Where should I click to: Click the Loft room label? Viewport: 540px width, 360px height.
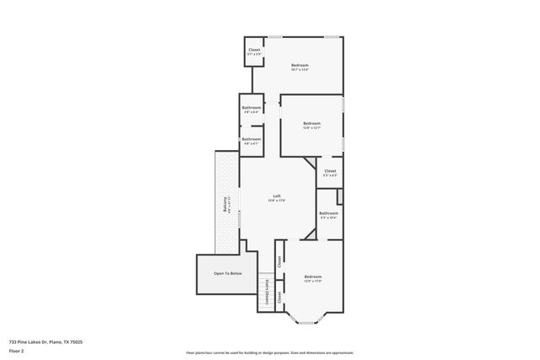click(276, 196)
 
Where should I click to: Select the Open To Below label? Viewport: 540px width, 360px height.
click(228, 273)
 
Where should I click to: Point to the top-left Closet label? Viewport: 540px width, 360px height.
click(254, 51)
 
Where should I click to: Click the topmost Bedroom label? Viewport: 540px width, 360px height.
click(300, 65)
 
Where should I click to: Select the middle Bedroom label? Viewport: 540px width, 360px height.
click(311, 124)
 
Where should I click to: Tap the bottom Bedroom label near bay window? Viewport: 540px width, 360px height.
click(312, 277)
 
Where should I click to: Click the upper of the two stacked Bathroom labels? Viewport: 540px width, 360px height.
click(251, 107)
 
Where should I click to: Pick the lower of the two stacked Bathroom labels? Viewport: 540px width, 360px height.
click(251, 138)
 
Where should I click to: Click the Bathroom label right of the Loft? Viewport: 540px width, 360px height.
click(328, 213)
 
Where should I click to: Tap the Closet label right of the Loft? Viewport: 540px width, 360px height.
click(329, 171)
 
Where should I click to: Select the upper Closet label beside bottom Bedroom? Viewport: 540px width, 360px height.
click(279, 261)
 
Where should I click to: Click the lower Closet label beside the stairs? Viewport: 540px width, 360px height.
click(279, 298)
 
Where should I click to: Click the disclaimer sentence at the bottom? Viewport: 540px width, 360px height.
click(269, 352)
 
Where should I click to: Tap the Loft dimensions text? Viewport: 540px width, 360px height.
click(276, 201)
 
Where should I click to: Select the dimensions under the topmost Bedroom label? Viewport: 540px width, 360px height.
click(300, 70)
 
